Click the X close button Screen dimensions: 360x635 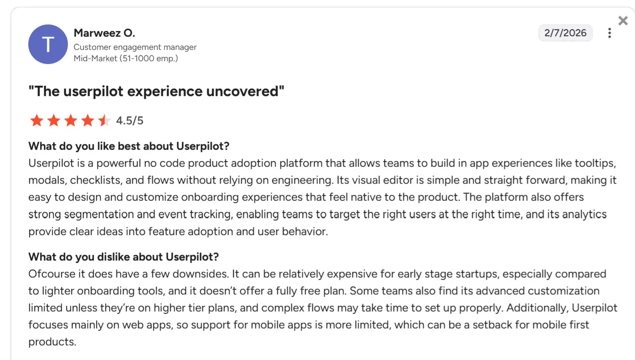click(x=623, y=21)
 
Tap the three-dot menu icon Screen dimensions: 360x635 click(x=610, y=33)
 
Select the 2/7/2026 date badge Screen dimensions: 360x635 click(x=565, y=33)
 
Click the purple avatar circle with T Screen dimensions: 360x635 click(x=48, y=44)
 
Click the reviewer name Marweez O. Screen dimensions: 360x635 click(x=104, y=33)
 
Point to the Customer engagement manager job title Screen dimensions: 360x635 click(x=135, y=47)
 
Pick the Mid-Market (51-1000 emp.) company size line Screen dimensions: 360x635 click(x=126, y=58)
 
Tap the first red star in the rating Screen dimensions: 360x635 click(x=36, y=121)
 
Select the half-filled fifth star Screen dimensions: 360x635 click(x=104, y=121)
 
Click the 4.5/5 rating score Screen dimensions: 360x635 click(x=130, y=121)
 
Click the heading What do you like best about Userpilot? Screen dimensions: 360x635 click(x=129, y=146)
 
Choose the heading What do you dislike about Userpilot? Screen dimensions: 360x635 click(x=124, y=257)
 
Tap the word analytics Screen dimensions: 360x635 click(x=577, y=214)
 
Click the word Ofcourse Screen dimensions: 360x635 click(x=49, y=274)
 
